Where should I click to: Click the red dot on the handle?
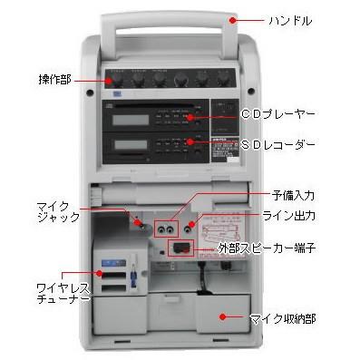click(233, 19)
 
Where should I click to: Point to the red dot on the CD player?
click(189, 117)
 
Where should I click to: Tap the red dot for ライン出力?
click(189, 218)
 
